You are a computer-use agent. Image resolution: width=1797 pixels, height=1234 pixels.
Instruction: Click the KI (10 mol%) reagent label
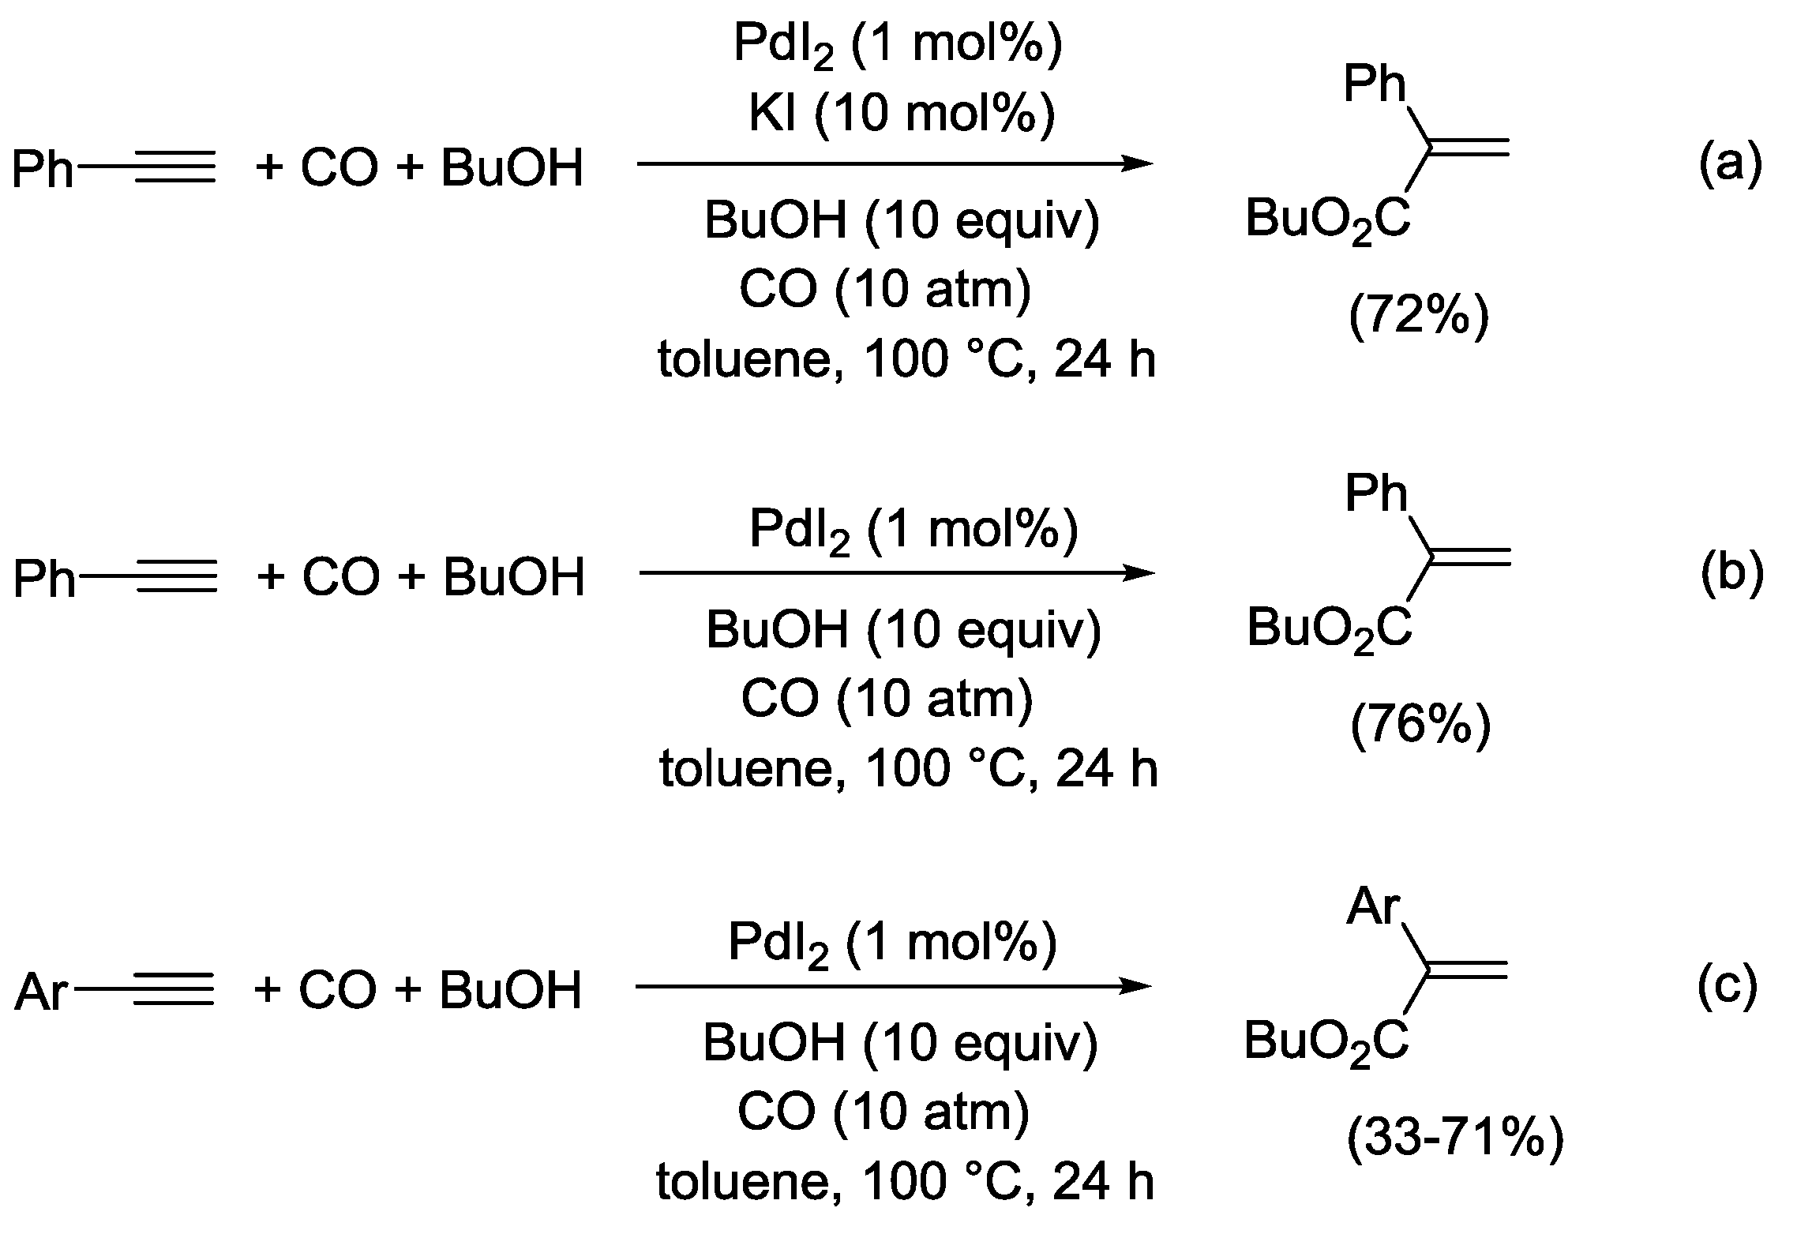point(901,114)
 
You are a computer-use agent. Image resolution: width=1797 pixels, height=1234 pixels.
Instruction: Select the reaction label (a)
point(1730,164)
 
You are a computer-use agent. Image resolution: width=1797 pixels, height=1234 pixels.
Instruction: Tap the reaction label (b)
point(1731,574)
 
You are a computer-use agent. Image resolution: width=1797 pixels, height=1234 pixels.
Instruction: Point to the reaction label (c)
point(1728,987)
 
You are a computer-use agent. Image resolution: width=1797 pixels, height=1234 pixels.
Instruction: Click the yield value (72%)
point(1419,317)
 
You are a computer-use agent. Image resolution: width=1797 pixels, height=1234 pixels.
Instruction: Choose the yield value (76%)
point(1420,726)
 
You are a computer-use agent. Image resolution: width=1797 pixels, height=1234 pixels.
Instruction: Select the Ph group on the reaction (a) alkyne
point(43,169)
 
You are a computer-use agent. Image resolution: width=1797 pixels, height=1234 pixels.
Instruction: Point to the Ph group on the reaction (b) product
point(1376,495)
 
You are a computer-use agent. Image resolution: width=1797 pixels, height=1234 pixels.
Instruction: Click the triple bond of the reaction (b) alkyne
point(176,578)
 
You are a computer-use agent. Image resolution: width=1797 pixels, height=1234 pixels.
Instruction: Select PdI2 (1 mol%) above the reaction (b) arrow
point(914,530)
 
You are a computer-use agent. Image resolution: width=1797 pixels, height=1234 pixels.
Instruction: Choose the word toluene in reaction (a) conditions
point(748,361)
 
